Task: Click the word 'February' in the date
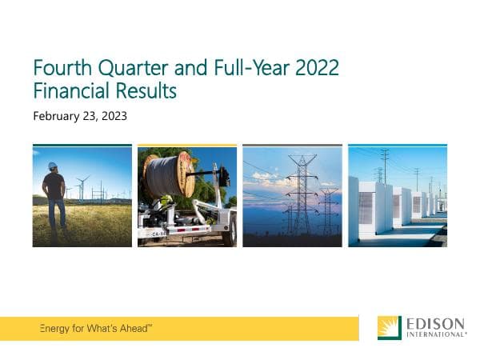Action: (x=58, y=116)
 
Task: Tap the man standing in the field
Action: (x=54, y=196)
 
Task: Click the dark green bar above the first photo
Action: (x=82, y=146)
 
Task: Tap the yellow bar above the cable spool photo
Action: (x=186, y=146)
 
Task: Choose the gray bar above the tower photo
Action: (x=292, y=146)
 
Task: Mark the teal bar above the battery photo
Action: (x=397, y=146)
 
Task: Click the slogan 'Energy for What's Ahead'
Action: (x=96, y=329)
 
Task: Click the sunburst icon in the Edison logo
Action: (x=390, y=328)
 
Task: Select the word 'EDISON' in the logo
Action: (x=435, y=323)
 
